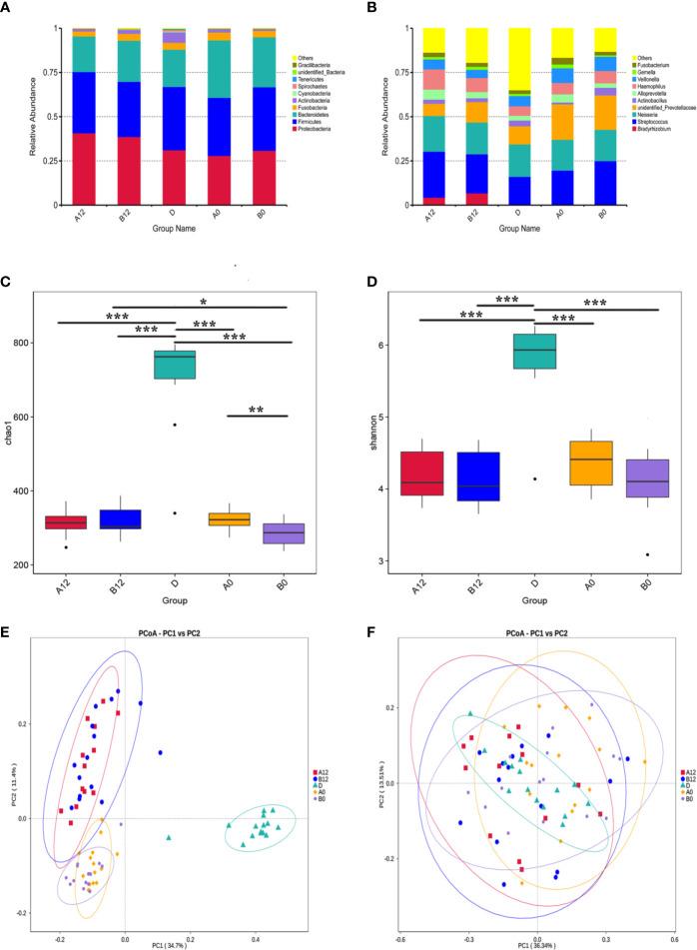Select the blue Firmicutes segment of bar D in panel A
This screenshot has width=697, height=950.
(x=175, y=119)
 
